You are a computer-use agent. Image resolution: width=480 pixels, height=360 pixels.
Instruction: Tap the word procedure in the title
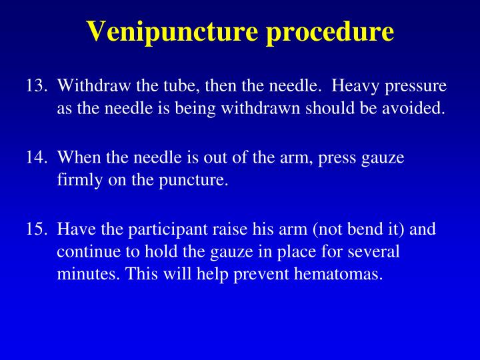coord(330,32)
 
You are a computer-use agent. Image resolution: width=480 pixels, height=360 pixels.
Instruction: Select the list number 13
coord(37,85)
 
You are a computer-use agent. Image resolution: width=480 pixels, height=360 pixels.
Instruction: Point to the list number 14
coord(37,157)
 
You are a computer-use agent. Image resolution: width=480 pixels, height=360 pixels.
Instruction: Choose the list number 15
coord(37,229)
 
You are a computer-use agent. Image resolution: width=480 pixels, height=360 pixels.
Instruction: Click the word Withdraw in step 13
coord(94,85)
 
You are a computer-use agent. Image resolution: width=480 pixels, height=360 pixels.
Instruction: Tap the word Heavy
coord(355,87)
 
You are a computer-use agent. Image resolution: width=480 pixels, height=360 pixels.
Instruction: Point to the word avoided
coord(413,108)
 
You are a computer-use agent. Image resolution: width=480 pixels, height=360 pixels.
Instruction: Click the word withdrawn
coord(260,108)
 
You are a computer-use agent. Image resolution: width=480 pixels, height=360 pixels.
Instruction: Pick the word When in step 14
coord(79,157)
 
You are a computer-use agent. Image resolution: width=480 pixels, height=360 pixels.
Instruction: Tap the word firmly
coord(79,180)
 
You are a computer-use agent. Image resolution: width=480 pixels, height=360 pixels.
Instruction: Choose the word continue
coord(89,252)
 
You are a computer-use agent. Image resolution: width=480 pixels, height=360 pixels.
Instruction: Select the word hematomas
coord(339,273)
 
